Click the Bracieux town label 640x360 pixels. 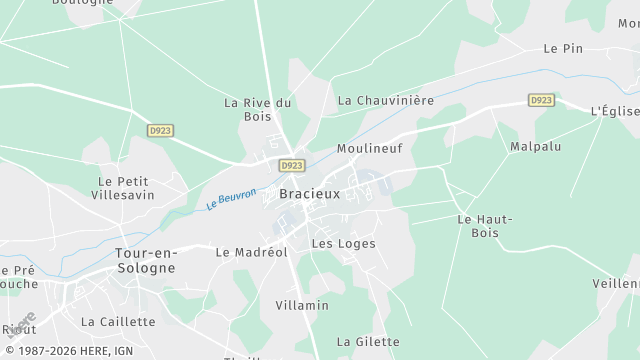click(x=309, y=193)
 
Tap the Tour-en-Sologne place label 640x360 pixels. click(x=145, y=260)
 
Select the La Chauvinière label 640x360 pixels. click(x=386, y=100)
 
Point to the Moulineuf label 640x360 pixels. click(x=369, y=148)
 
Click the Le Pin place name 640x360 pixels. click(x=563, y=48)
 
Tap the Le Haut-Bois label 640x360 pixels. click(x=484, y=226)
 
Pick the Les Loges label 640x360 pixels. click(x=343, y=243)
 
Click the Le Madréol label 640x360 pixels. click(x=252, y=252)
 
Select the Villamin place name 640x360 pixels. click(x=302, y=304)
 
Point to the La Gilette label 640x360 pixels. click(x=368, y=341)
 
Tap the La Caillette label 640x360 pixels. click(x=118, y=321)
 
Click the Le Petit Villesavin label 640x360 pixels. click(x=126, y=188)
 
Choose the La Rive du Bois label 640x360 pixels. click(x=258, y=109)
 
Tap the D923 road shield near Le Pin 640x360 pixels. click(x=541, y=100)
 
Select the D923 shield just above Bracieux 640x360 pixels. click(x=292, y=165)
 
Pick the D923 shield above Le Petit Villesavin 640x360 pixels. click(x=159, y=130)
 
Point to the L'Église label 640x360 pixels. click(x=614, y=110)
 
